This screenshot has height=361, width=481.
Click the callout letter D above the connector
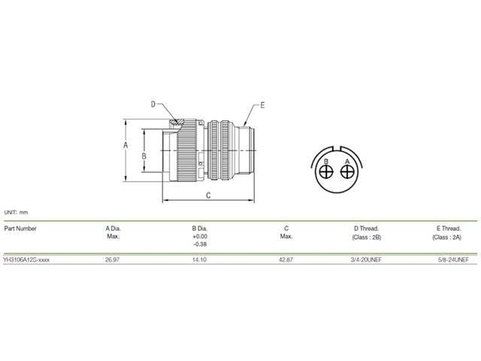153,105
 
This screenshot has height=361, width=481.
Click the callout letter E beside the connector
262,105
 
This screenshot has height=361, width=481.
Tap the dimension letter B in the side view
144,156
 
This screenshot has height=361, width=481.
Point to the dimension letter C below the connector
207,195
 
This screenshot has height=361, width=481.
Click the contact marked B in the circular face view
325,172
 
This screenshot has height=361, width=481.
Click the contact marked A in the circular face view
346,172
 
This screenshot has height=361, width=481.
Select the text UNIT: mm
16,214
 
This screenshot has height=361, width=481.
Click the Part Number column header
20,228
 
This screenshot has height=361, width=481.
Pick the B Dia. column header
200,228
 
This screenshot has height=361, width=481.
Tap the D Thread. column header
366,228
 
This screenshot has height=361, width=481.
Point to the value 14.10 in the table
200,259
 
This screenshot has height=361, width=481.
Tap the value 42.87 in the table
286,259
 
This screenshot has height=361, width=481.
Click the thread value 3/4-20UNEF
366,259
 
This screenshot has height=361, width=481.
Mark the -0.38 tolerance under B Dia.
200,244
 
